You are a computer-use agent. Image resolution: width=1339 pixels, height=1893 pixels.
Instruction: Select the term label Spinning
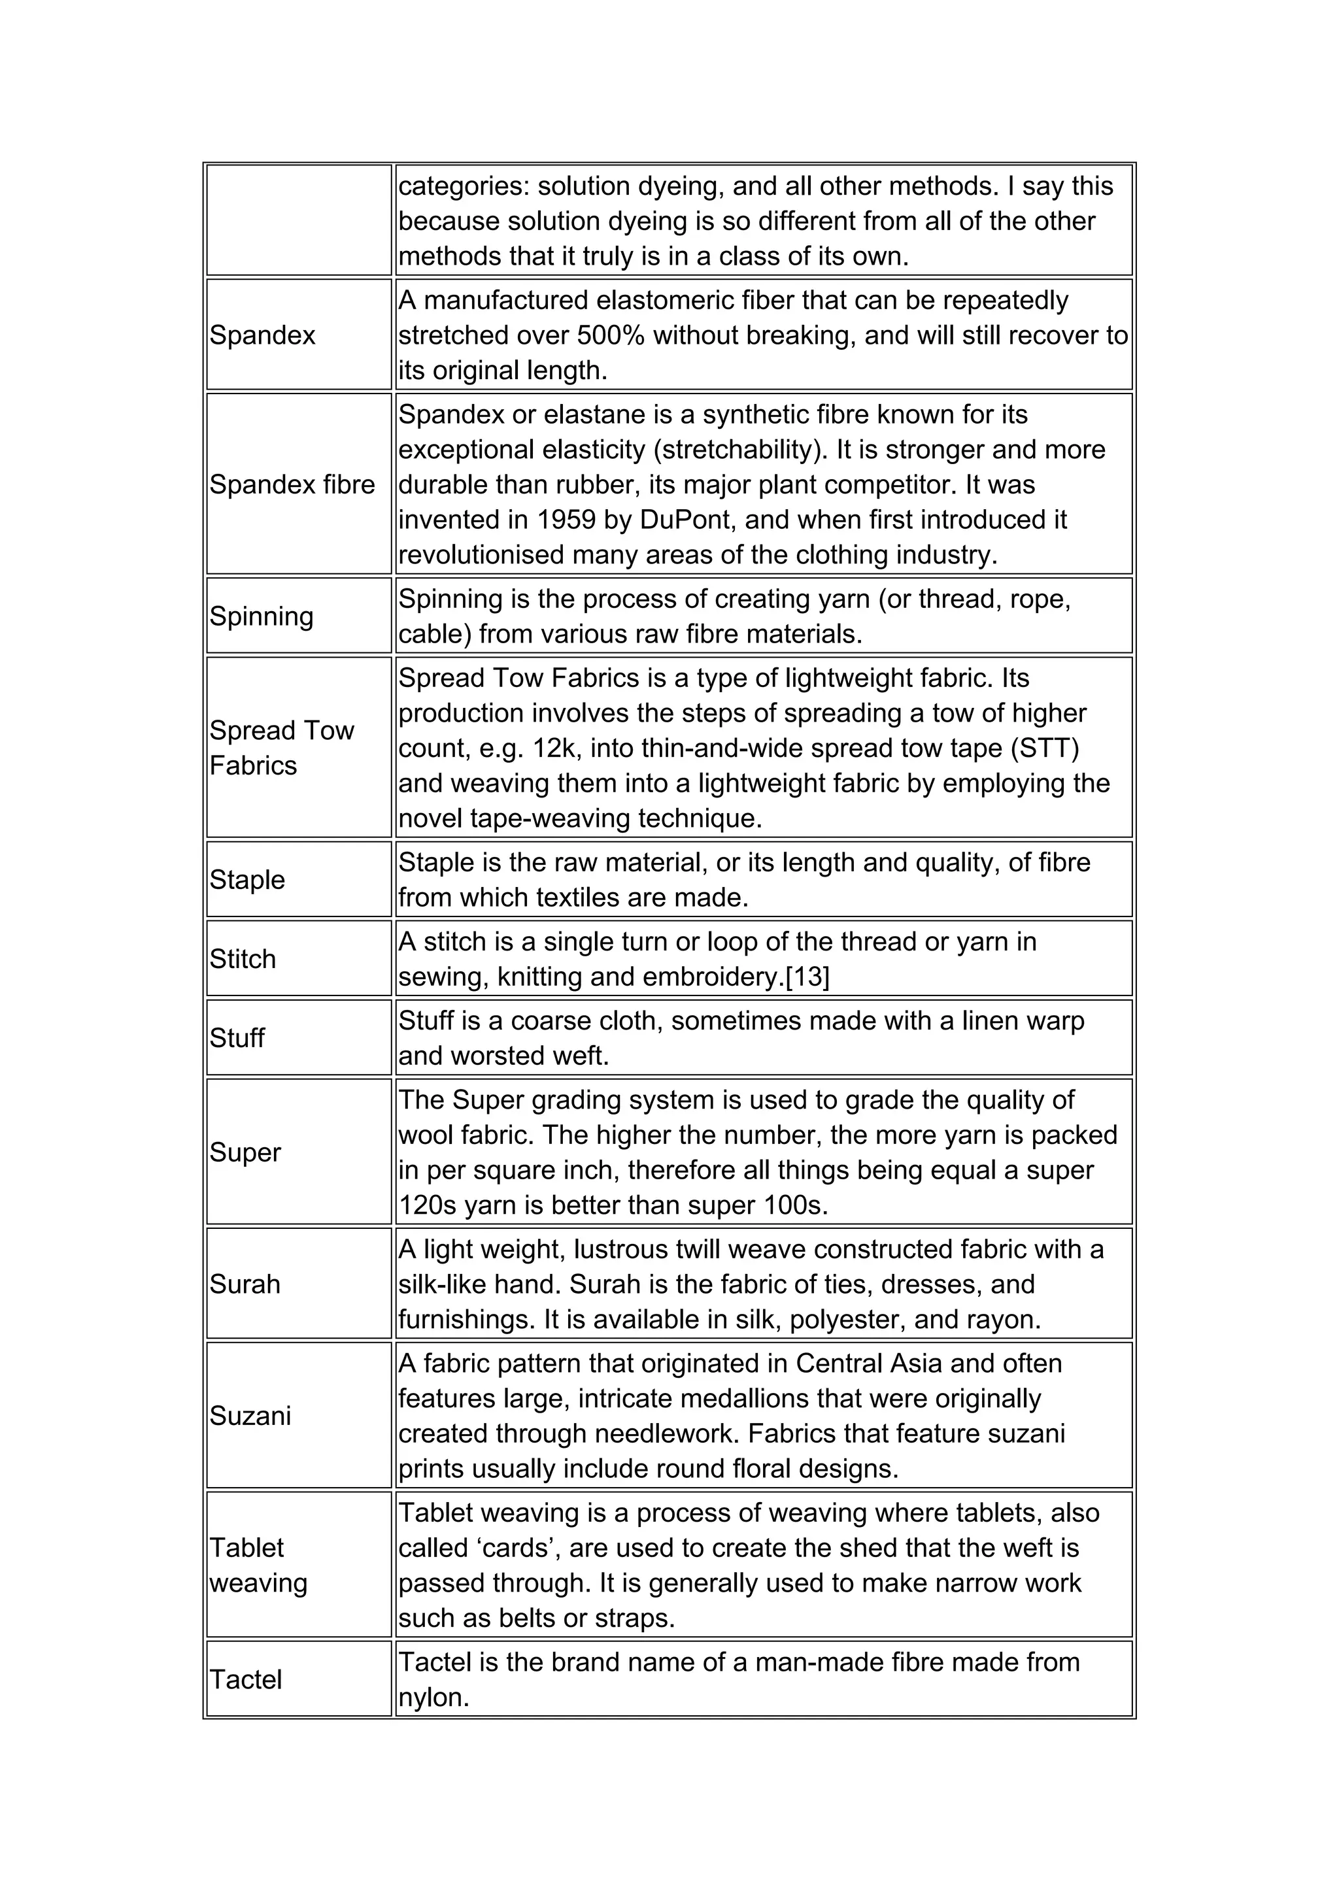pyautogui.click(x=262, y=616)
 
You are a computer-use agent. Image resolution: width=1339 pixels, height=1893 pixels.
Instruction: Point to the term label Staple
pyautogui.click(x=246, y=879)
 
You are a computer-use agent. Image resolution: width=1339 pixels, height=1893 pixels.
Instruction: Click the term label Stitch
pyautogui.click(x=243, y=958)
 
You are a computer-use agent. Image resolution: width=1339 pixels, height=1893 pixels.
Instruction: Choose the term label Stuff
pyautogui.click(x=237, y=1037)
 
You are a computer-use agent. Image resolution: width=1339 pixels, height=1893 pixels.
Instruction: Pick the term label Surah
pyautogui.click(x=245, y=1284)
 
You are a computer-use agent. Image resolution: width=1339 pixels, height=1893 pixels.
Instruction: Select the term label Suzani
pyautogui.click(x=250, y=1416)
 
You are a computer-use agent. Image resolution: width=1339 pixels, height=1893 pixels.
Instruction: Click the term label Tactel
pyautogui.click(x=246, y=1679)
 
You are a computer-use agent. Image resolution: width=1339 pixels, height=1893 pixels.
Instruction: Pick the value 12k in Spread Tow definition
pyautogui.click(x=557, y=748)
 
